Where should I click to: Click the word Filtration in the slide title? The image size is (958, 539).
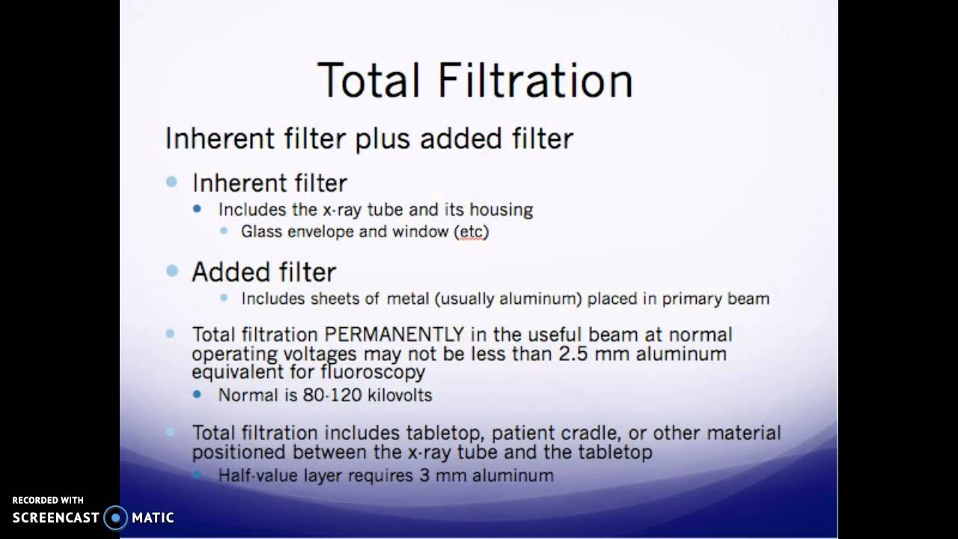(x=535, y=80)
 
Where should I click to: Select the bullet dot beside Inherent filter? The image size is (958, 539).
(x=172, y=182)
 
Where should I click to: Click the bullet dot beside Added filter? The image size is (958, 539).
(x=172, y=271)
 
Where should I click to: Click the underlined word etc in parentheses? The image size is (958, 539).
(x=471, y=232)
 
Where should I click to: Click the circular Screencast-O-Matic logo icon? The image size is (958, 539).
(x=115, y=517)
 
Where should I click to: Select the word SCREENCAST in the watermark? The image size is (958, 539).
(x=55, y=517)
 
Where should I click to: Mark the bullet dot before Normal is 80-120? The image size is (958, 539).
(x=198, y=395)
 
